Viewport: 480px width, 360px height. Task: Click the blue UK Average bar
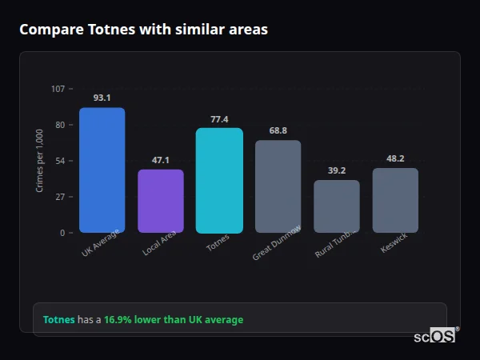pyautogui.click(x=102, y=170)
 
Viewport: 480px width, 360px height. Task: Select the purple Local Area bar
pyautogui.click(x=161, y=202)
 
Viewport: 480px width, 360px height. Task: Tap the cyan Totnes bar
pyautogui.click(x=219, y=181)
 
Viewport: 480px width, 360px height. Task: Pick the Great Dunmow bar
pyautogui.click(x=278, y=186)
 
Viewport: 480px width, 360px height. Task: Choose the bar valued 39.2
pyautogui.click(x=337, y=206)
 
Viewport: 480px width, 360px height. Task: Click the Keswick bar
pyautogui.click(x=395, y=200)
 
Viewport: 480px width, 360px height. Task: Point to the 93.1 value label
pyautogui.click(x=102, y=98)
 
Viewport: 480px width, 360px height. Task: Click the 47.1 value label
pyautogui.click(x=161, y=160)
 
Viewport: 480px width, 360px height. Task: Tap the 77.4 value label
pyautogui.click(x=219, y=119)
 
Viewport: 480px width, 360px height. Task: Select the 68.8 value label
pyautogui.click(x=278, y=130)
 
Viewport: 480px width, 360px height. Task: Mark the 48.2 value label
pyautogui.click(x=395, y=158)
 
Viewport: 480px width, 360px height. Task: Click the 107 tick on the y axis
pyautogui.click(x=58, y=89)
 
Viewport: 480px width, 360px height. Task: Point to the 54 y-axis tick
pyautogui.click(x=60, y=161)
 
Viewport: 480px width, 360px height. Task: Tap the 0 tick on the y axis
pyautogui.click(x=62, y=233)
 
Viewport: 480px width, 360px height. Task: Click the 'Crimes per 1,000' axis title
pyautogui.click(x=40, y=160)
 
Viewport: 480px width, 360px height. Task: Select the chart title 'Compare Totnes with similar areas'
pyautogui.click(x=143, y=30)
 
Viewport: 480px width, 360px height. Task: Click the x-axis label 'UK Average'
pyautogui.click(x=101, y=243)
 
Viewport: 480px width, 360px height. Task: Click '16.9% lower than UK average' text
pyautogui.click(x=174, y=320)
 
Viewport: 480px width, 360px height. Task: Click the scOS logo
pyautogui.click(x=435, y=336)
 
